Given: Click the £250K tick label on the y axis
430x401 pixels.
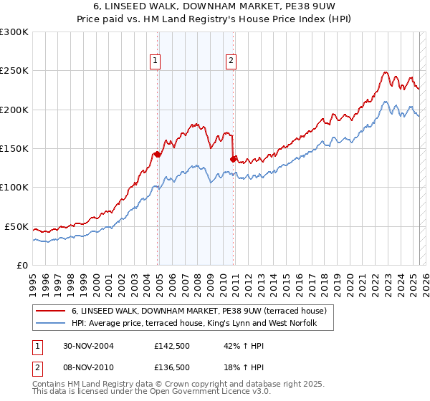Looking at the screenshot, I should point(14,71).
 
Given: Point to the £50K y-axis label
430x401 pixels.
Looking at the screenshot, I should point(16,226).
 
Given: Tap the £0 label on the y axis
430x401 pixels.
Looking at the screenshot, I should point(22,265).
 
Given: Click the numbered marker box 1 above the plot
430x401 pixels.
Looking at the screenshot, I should point(156,62).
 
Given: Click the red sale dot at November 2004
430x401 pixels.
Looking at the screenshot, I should point(158,154).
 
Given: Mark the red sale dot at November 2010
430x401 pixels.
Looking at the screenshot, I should point(234,159).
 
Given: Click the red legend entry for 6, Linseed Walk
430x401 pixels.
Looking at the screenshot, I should point(199,311).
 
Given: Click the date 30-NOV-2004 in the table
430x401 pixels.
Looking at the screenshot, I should point(89,346).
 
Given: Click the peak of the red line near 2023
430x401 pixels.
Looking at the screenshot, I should point(386,72).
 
